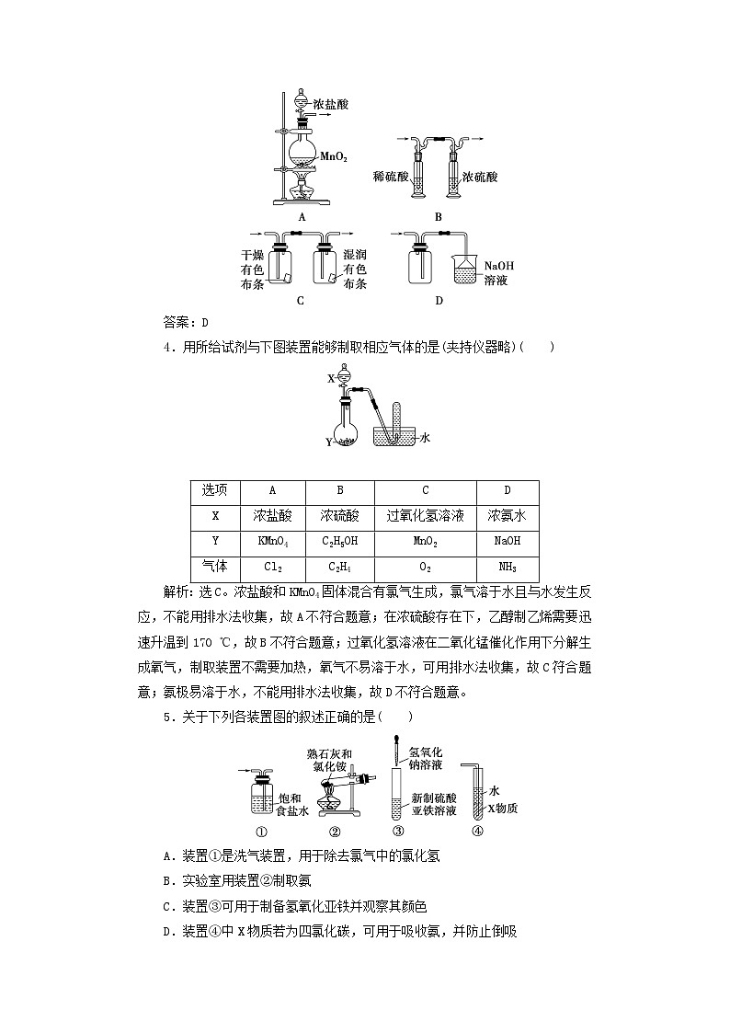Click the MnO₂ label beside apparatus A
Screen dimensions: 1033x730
click(x=335, y=157)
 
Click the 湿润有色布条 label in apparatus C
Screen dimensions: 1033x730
click(x=354, y=269)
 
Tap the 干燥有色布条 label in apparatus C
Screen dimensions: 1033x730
click(x=252, y=269)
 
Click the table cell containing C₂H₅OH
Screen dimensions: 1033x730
click(x=339, y=542)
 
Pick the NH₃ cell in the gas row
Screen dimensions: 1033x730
click(x=507, y=568)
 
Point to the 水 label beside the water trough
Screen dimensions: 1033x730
click(x=425, y=439)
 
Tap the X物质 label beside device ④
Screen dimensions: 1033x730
click(x=502, y=809)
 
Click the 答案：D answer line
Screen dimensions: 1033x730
click(x=187, y=322)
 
